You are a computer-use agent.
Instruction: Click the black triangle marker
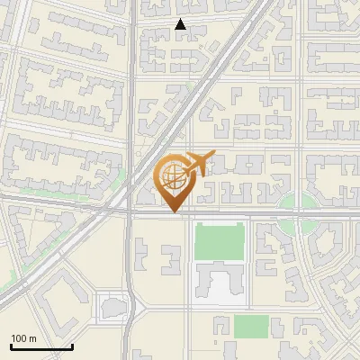coord(181,25)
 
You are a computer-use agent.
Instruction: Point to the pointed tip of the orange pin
coord(173,212)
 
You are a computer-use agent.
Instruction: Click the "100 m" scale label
coord(23,338)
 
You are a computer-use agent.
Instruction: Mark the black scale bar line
coord(41,347)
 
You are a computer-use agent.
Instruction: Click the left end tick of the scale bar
coord(11,346)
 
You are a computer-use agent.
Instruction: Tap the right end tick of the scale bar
coord(72,346)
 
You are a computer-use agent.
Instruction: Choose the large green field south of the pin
coord(220,242)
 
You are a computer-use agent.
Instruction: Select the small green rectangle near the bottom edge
coord(251,326)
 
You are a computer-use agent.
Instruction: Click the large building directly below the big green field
coord(220,283)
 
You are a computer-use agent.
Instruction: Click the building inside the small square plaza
coord(114,309)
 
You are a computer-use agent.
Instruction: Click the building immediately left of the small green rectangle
coord(219,327)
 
